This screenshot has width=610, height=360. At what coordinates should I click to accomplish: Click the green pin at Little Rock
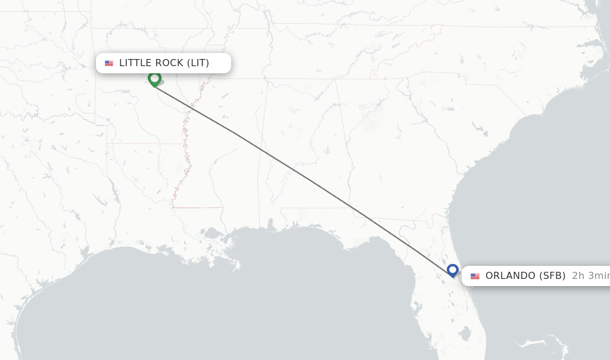click(154, 79)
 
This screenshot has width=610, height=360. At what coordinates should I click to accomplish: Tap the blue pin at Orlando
click(453, 271)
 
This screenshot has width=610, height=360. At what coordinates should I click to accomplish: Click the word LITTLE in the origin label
click(136, 63)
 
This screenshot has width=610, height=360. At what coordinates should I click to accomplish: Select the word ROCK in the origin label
click(170, 63)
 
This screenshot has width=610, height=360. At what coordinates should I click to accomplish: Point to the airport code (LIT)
click(198, 63)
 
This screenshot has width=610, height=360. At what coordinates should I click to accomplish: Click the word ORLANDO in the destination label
click(511, 276)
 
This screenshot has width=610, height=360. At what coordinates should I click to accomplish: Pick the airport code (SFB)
click(552, 276)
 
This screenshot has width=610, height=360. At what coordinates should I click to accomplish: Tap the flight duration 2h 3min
click(590, 276)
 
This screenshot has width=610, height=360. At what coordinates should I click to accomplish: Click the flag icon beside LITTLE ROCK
click(109, 63)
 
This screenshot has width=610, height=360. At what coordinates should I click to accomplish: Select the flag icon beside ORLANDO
click(475, 277)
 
